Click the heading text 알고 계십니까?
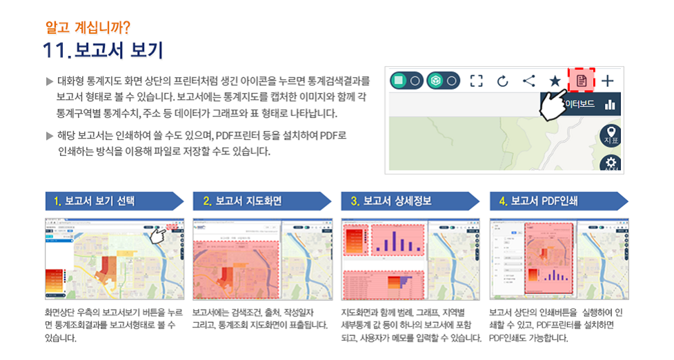(87, 28)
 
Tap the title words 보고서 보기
(119, 51)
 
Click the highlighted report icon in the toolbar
(581, 81)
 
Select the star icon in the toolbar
(555, 81)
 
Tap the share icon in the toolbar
(528, 81)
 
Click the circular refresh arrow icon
(502, 81)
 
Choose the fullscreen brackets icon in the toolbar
(476, 81)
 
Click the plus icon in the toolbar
(607, 81)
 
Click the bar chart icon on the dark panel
(609, 105)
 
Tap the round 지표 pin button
(611, 135)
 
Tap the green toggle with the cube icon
(443, 81)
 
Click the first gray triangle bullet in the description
(49, 81)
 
